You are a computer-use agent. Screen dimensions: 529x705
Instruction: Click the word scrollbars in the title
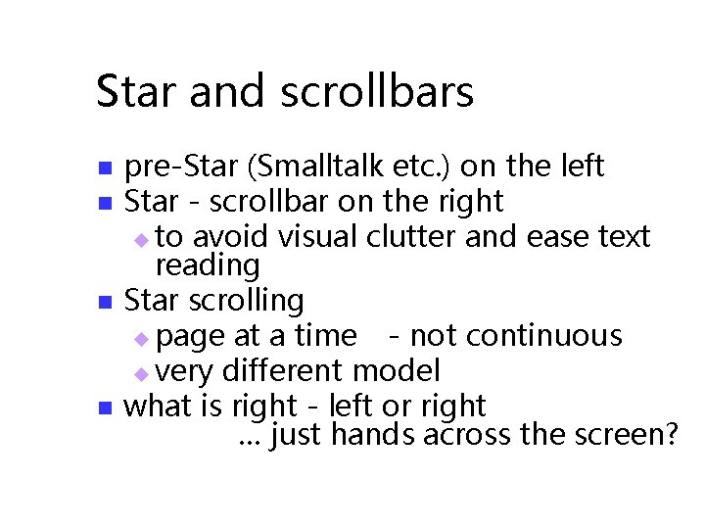click(x=377, y=92)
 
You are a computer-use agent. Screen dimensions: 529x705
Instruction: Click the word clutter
click(x=412, y=237)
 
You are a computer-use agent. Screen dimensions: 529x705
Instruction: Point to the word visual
click(x=320, y=237)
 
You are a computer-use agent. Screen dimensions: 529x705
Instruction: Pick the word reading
click(x=208, y=265)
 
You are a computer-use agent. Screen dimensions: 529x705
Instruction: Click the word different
click(x=284, y=371)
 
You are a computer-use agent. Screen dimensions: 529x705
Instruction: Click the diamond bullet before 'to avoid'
click(x=141, y=239)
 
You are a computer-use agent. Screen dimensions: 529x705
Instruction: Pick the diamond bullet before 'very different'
click(x=141, y=373)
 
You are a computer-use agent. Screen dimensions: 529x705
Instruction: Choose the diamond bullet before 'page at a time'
click(x=141, y=338)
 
